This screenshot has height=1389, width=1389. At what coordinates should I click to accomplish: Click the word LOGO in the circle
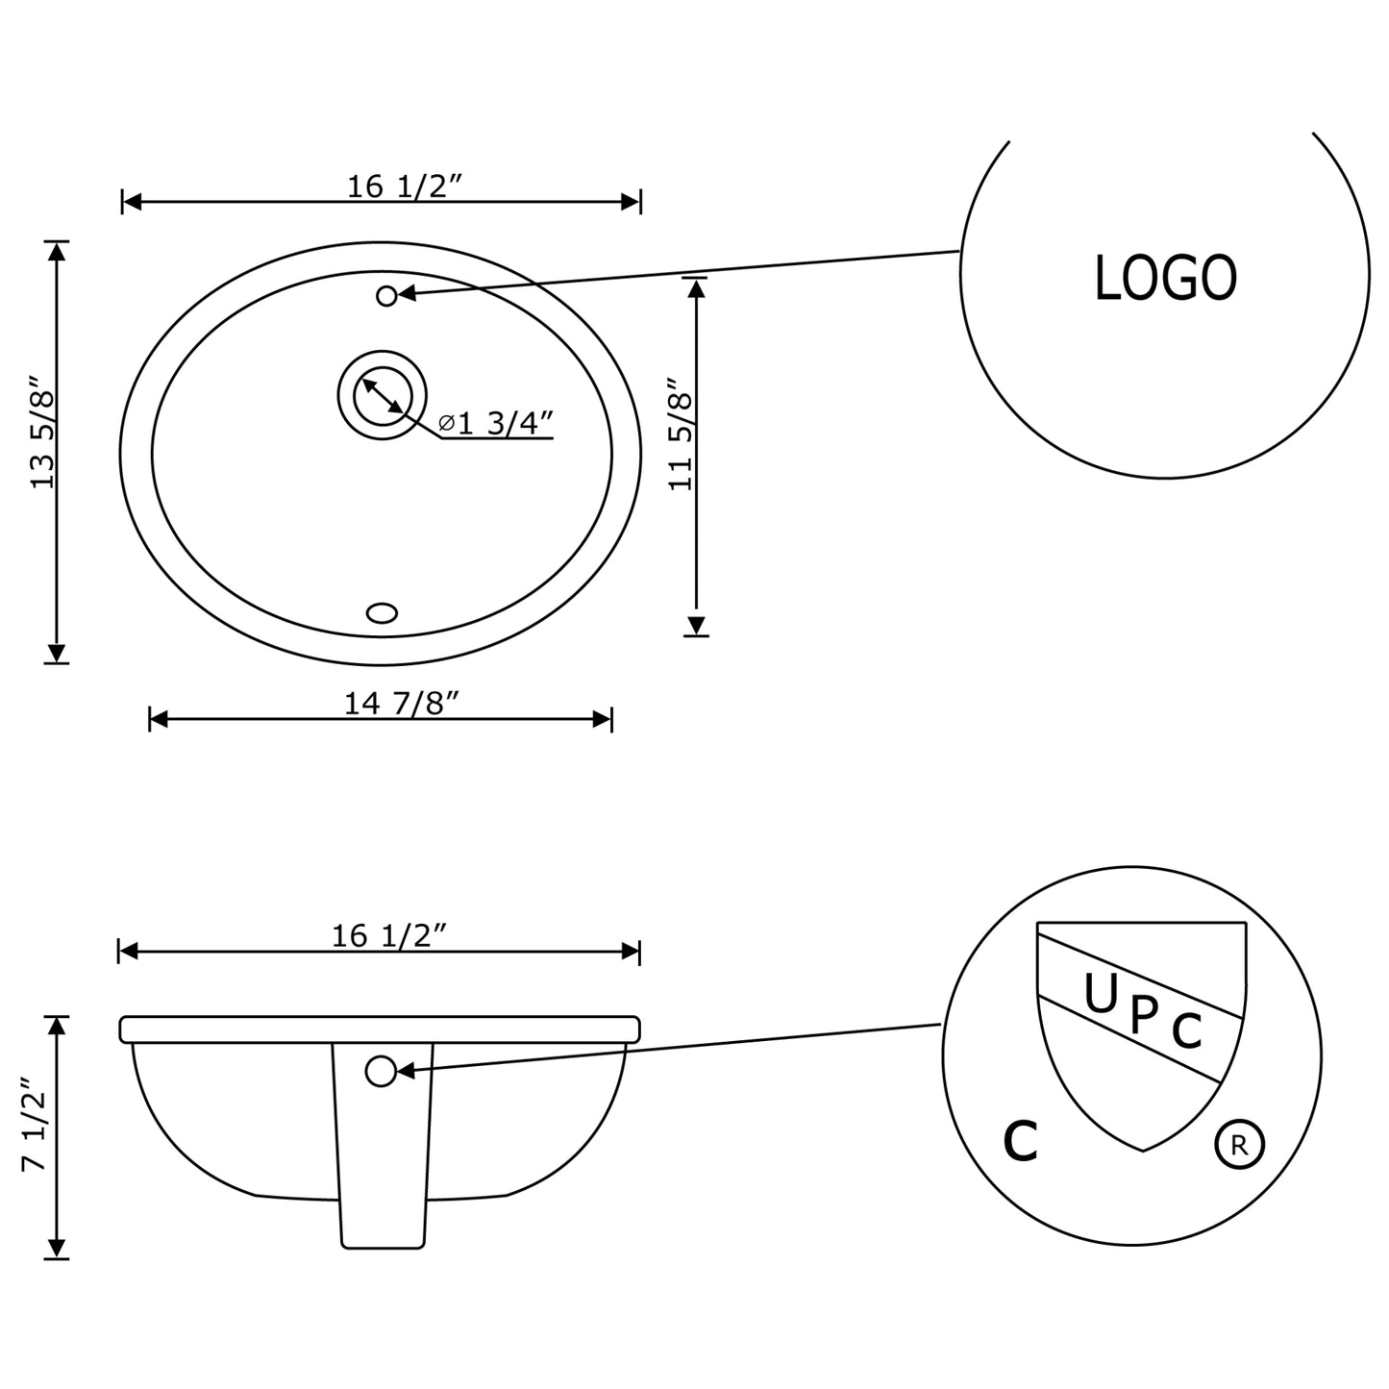click(1165, 278)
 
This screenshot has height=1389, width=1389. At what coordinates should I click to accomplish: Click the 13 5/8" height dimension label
click(44, 432)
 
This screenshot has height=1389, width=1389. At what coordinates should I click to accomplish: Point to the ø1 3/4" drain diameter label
click(496, 423)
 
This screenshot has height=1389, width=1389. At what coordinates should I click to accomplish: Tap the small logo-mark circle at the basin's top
click(386, 296)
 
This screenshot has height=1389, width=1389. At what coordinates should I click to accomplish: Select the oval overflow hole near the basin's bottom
click(383, 612)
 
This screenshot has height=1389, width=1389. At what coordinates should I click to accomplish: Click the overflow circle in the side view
click(382, 1071)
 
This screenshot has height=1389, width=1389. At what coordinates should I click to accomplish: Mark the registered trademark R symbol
click(1239, 1145)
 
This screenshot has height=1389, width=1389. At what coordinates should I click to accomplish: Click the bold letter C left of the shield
click(1020, 1141)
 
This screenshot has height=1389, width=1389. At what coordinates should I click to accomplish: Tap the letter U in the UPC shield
click(1100, 995)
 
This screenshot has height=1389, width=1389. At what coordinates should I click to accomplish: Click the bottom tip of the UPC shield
click(1142, 1150)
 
